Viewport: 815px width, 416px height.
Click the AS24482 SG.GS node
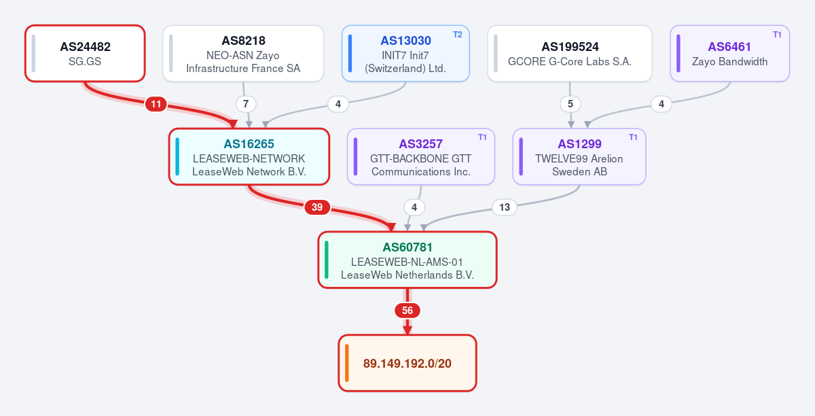pos(85,54)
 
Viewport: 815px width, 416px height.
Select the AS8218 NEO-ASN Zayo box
pos(243,54)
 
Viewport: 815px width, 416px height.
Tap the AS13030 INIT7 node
pos(405,54)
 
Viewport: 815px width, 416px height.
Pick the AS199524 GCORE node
pos(569,54)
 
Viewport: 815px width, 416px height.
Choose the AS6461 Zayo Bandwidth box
pos(729,54)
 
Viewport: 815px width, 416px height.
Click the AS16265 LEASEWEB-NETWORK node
pos(249,156)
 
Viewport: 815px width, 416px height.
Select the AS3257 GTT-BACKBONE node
pos(420,156)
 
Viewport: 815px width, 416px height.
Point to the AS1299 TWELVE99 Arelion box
pos(579,156)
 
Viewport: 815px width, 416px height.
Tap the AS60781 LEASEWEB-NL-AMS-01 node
pos(407,260)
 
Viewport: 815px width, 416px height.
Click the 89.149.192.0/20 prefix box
pos(407,363)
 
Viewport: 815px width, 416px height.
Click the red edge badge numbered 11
pos(156,104)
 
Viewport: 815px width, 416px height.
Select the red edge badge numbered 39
pos(317,207)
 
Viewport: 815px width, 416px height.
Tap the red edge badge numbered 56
pos(407,311)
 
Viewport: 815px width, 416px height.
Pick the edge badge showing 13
pos(504,207)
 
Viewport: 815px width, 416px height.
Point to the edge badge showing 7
pos(246,104)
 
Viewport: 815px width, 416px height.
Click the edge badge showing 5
pos(570,104)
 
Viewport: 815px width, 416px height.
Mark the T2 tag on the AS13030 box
pos(457,35)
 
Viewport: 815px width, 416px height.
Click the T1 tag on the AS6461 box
pos(777,35)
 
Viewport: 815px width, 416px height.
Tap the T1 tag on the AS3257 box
pos(482,137)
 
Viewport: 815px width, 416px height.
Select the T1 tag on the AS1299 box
pos(633,137)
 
